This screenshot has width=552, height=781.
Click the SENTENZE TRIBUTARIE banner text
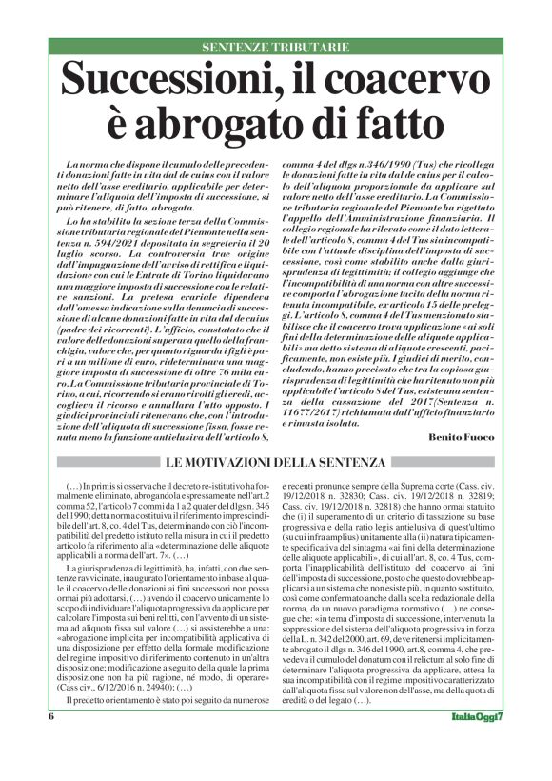(x=276, y=47)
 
